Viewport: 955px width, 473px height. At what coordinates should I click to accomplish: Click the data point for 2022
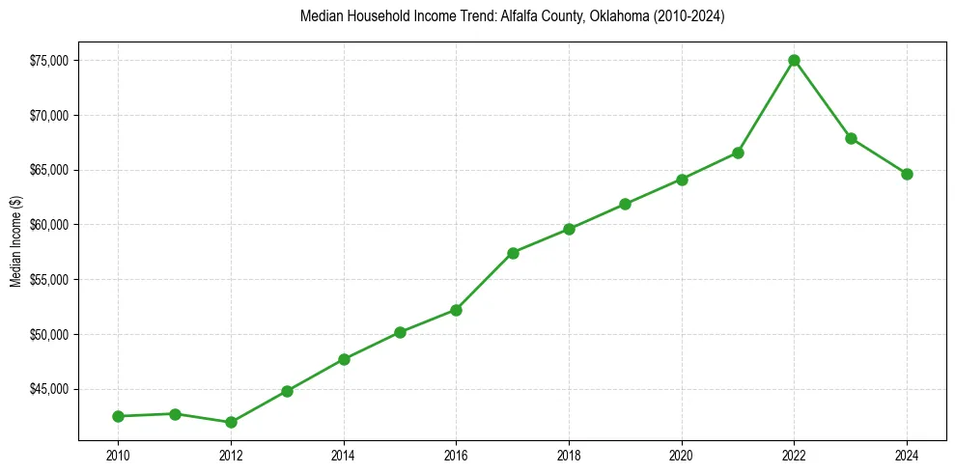pyautogui.click(x=794, y=60)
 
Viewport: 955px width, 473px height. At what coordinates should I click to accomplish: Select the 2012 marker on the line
pyautogui.click(x=231, y=422)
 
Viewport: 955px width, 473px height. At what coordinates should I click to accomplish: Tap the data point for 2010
pyautogui.click(x=118, y=416)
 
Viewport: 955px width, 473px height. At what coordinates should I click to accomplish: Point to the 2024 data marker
pyautogui.click(x=907, y=174)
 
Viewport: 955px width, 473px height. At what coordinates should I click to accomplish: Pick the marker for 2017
pyautogui.click(x=513, y=253)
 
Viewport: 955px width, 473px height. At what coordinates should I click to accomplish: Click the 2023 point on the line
pyautogui.click(x=851, y=138)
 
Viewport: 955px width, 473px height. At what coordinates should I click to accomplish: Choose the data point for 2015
pyautogui.click(x=400, y=332)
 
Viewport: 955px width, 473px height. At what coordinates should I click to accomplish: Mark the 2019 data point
pyautogui.click(x=625, y=204)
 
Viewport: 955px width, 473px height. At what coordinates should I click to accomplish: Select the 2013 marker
pyautogui.click(x=287, y=391)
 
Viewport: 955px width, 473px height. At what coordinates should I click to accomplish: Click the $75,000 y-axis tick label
pyautogui.click(x=48, y=61)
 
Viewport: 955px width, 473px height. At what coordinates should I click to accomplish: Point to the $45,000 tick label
pyautogui.click(x=48, y=389)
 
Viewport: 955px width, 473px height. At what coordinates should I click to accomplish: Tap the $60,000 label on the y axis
pyautogui.click(x=48, y=225)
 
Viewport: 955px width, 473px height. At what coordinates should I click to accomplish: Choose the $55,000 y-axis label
pyautogui.click(x=48, y=280)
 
